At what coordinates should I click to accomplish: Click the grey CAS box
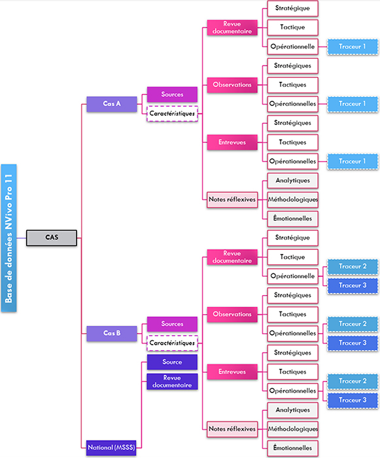pos(52,238)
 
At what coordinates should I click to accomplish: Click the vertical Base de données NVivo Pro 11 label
pos(9,238)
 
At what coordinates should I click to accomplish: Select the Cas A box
pos(112,104)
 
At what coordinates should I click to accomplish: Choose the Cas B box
pos(112,333)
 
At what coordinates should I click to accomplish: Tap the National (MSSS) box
pos(111,448)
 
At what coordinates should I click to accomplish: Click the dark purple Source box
pos(172,362)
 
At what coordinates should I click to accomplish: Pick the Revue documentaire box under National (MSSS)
pos(172,381)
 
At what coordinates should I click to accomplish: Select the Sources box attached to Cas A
pos(172,94)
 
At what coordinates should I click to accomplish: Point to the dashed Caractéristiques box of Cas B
pos(172,343)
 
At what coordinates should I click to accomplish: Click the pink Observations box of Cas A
pos(232,84)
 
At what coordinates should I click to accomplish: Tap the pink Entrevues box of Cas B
pos(232,372)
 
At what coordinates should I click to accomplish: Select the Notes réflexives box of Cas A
pos(232,200)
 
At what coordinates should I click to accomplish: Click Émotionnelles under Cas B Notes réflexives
pos(292,448)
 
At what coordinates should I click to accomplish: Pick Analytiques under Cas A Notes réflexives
pos(292,181)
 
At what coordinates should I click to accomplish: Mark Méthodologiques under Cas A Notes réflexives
pos(292,200)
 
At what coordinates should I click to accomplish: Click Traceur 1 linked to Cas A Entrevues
pos(353,161)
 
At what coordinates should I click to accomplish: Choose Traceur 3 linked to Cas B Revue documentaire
pos(353,286)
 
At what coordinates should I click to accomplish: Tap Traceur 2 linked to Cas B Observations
pos(353,324)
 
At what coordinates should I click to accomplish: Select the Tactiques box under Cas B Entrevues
pos(292,372)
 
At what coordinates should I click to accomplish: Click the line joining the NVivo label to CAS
pos(22,238)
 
